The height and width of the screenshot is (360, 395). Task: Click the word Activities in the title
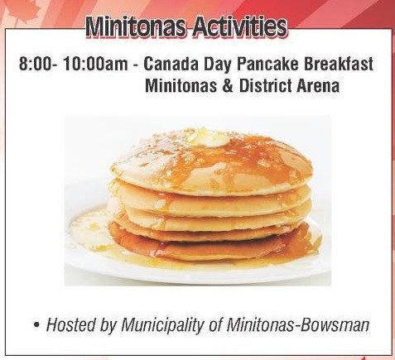pos(239,27)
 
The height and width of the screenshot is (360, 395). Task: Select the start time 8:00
pos(35,65)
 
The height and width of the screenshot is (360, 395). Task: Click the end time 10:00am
pos(95,65)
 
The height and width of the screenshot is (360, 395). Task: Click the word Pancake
pos(267,65)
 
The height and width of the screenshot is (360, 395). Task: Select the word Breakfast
pos(339,65)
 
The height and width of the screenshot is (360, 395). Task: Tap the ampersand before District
pos(228,86)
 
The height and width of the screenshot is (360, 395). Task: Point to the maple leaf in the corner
pos(22,11)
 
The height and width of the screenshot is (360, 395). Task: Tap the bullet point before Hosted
pos(36,325)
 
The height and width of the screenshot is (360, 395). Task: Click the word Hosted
pos(71,324)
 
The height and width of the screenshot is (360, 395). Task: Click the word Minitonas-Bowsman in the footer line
pos(297,324)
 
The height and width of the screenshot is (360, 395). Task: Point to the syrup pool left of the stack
pos(89,230)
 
